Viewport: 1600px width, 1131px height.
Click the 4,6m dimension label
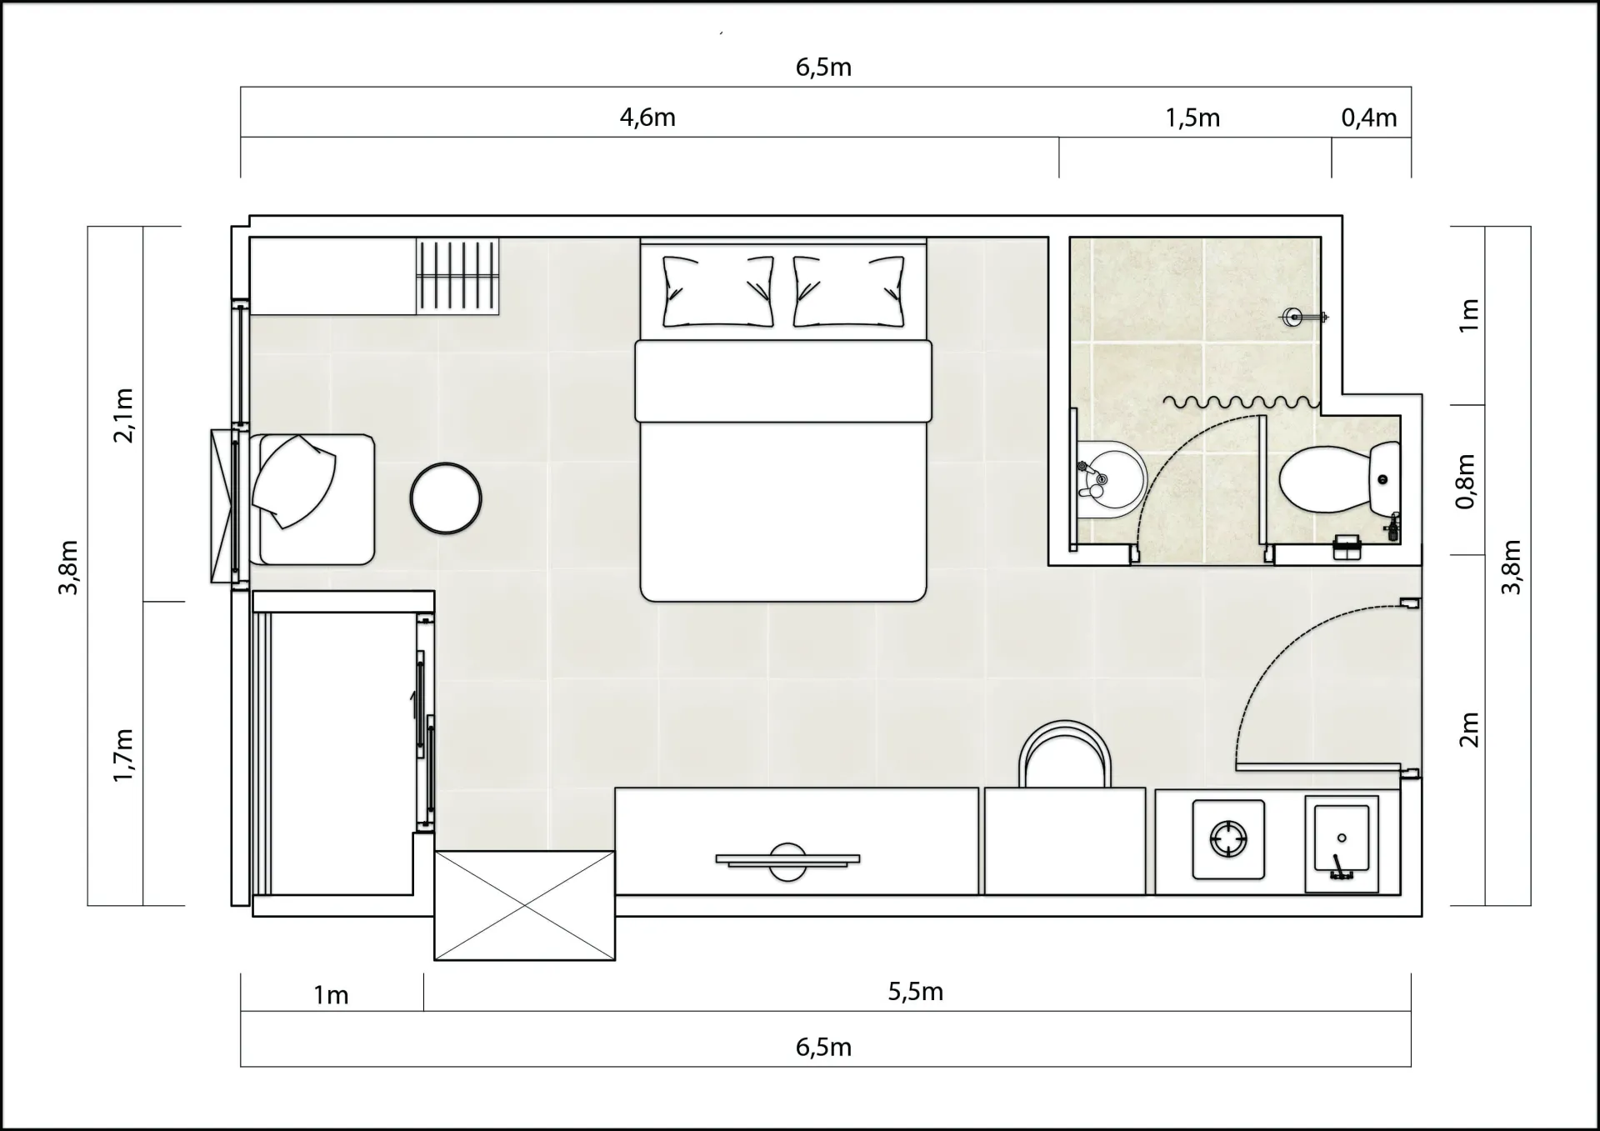click(x=647, y=118)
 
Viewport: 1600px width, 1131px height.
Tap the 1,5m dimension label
click(x=1192, y=118)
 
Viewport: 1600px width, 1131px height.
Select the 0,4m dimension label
click(x=1369, y=118)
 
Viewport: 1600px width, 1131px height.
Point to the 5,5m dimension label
click(x=915, y=992)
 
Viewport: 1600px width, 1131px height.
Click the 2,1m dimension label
click(x=122, y=415)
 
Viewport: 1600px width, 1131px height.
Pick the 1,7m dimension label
click(x=122, y=755)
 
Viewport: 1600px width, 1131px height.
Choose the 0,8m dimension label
click(x=1466, y=482)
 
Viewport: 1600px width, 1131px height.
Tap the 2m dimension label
click(x=1468, y=729)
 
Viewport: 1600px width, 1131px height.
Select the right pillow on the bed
click(x=848, y=291)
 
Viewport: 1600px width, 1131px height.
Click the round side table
click(x=446, y=498)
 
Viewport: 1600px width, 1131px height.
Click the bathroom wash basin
click(x=1110, y=479)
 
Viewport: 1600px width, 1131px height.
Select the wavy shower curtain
click(x=1242, y=403)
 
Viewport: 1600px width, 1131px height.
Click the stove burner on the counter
click(x=1228, y=839)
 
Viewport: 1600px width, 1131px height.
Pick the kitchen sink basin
click(x=1342, y=843)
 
